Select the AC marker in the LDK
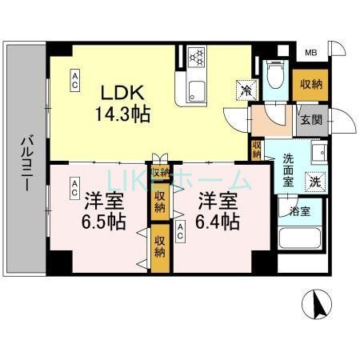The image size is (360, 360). tap(74, 77)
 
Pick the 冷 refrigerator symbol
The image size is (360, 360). tap(243, 90)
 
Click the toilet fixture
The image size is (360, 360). tap(274, 76)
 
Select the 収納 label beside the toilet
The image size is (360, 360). tap(310, 85)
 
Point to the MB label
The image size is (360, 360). tap(310, 54)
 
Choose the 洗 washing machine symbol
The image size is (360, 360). tap(316, 181)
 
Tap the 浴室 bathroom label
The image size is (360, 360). tap(301, 212)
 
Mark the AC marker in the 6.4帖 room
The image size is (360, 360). tap(182, 232)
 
